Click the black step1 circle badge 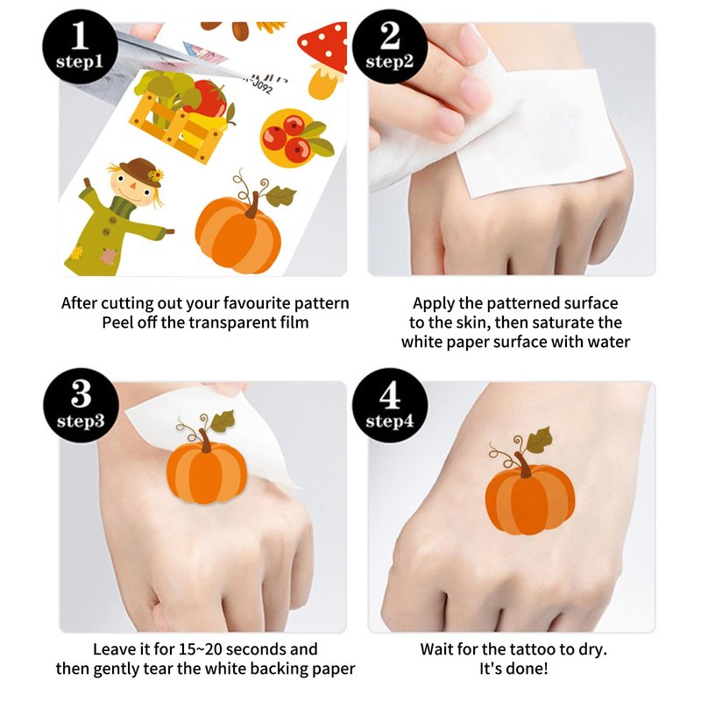(80, 46)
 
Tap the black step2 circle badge (390, 46)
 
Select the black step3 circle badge (81, 406)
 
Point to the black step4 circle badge (390, 406)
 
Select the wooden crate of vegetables (182, 117)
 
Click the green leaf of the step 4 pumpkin (539, 440)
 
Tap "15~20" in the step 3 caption (201, 649)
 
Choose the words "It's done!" (513, 669)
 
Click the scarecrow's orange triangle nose (133, 185)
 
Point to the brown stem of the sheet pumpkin (253, 205)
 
